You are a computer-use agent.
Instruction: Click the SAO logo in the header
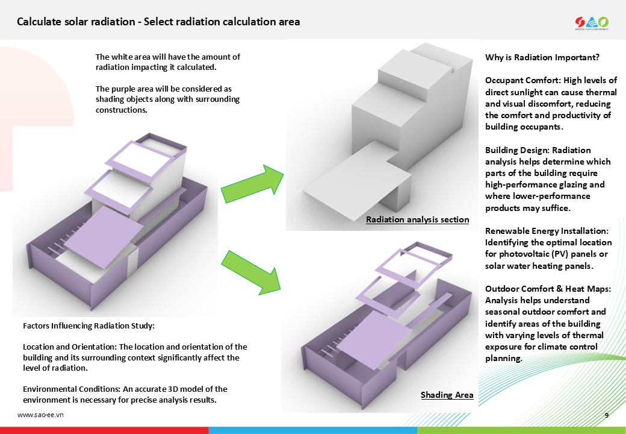[592, 23]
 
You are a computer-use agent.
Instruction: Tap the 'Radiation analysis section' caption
[417, 219]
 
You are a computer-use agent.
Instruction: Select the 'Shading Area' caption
[447, 395]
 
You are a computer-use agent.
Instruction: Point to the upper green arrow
[252, 183]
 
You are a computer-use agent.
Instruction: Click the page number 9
[607, 415]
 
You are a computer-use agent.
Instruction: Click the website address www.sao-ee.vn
[40, 415]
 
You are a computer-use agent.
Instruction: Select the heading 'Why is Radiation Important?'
[542, 57]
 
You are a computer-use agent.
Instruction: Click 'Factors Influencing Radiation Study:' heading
[89, 325]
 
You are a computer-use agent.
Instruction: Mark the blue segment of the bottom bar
[312, 430]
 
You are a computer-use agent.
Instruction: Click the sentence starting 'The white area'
[167, 61]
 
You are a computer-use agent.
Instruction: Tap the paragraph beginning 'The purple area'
[167, 99]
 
